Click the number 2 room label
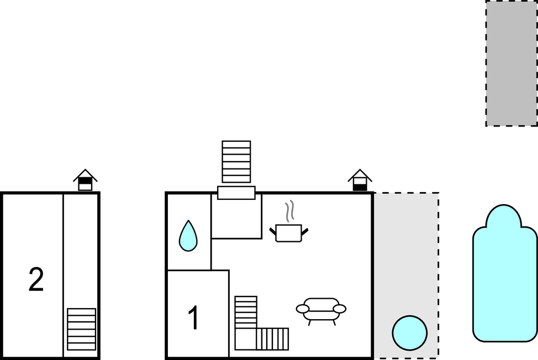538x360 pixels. pyautogui.click(x=36, y=279)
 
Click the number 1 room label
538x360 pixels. pyautogui.click(x=193, y=317)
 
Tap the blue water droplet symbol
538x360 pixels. pyautogui.click(x=188, y=236)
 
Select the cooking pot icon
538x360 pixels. pyautogui.click(x=288, y=233)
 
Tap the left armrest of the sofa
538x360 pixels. pyautogui.click(x=303, y=309)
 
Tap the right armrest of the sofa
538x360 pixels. pyautogui.click(x=340, y=309)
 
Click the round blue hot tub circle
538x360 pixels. pyautogui.click(x=410, y=333)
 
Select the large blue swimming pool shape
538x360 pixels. pyautogui.click(x=505, y=274)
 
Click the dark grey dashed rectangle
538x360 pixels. pyautogui.click(x=511, y=63)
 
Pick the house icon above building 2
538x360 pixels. pyautogui.click(x=85, y=180)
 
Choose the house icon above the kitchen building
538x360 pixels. pyautogui.click(x=360, y=180)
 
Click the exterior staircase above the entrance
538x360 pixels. pyautogui.click(x=236, y=161)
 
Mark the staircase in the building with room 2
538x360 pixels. pyautogui.click(x=81, y=329)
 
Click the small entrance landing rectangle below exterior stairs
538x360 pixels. pyautogui.click(x=236, y=193)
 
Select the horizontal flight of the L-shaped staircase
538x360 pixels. pyautogui.click(x=272, y=339)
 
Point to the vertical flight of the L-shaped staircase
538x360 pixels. pyautogui.click(x=246, y=312)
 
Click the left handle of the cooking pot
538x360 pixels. pyautogui.click(x=273, y=231)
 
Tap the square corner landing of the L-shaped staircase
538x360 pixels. pyautogui.click(x=246, y=339)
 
